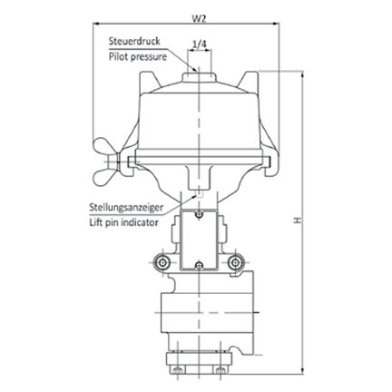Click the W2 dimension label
(200, 19)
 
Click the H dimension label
(299, 220)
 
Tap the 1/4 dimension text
(200, 44)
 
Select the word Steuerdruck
(134, 41)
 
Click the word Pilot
(118, 57)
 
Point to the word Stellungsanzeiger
(126, 208)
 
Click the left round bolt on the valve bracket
(162, 262)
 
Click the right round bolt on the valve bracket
(235, 262)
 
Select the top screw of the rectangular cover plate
(199, 215)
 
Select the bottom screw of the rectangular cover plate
(199, 266)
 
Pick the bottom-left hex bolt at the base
(177, 369)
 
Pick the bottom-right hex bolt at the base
(220, 369)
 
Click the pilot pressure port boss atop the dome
(199, 77)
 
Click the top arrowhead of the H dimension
(302, 74)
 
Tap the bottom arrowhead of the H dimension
(302, 370)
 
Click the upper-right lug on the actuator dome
(250, 81)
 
